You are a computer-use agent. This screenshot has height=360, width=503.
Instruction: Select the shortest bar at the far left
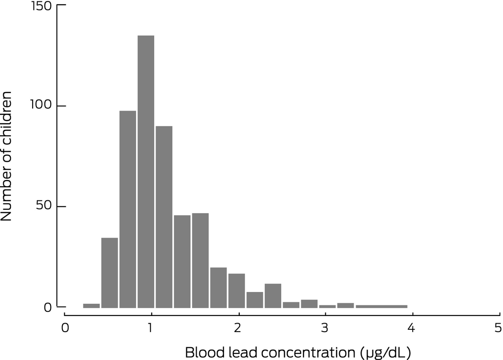tap(91, 306)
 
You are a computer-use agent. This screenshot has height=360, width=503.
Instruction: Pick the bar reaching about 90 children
tap(164, 217)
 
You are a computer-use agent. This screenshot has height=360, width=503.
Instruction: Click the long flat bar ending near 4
tap(382, 306)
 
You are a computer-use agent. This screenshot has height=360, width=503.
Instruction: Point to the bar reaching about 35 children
tap(110, 273)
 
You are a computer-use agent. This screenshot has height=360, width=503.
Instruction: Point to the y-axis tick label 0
tap(49, 308)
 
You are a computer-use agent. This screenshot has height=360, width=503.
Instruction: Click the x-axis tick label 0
tap(65, 327)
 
